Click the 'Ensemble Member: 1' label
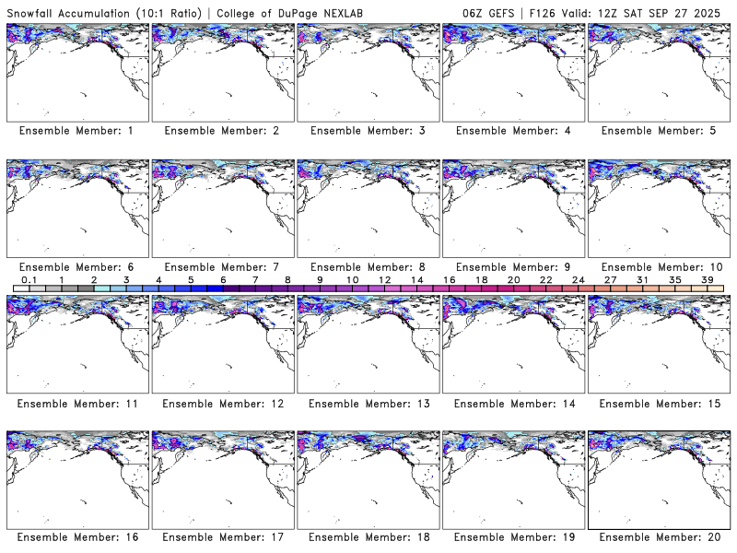[76, 131]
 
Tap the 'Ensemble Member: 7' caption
[222, 266]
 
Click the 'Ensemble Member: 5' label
[658, 131]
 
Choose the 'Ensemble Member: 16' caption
[76, 537]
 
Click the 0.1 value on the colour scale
[29, 279]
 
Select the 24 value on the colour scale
[578, 279]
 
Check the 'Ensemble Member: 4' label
[512, 131]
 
